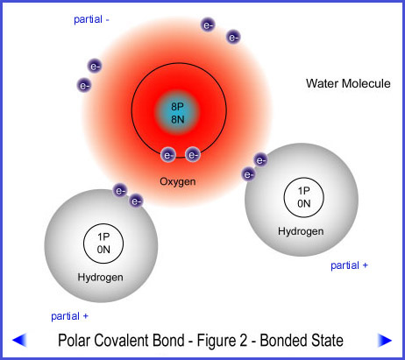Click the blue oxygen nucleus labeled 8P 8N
click(178, 112)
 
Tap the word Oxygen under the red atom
click(178, 181)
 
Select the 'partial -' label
click(91, 19)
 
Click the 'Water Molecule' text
click(348, 83)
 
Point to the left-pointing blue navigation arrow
click(19, 340)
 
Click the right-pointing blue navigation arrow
click(385, 340)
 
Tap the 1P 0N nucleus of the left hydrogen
click(103, 244)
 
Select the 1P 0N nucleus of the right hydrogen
click(304, 197)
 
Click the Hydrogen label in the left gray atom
click(100, 277)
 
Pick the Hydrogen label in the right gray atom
click(301, 231)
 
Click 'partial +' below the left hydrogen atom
click(69, 316)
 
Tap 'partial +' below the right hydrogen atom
click(349, 265)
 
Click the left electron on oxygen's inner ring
click(168, 155)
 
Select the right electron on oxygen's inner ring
click(193, 155)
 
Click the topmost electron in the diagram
click(208, 25)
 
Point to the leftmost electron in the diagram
click(84, 86)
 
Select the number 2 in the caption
click(243, 341)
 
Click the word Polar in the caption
click(74, 341)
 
